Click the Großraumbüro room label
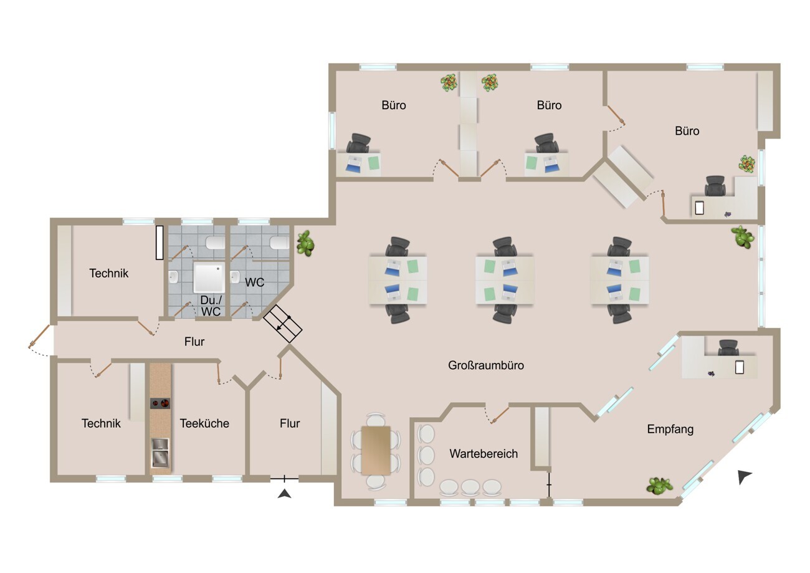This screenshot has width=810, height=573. click(485, 365)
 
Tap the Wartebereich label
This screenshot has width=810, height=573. click(484, 454)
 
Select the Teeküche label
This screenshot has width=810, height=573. click(204, 423)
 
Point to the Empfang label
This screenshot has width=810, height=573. click(670, 430)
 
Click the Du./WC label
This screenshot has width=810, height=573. click(211, 306)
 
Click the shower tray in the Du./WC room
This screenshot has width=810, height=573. click(209, 278)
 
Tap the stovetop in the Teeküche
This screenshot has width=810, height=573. click(160, 403)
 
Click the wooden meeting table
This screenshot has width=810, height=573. click(376, 450)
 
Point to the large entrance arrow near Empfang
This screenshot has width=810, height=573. click(744, 477)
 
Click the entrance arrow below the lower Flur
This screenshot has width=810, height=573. click(284, 494)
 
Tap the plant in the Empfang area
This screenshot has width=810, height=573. click(660, 486)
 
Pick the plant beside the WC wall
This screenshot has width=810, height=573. click(305, 243)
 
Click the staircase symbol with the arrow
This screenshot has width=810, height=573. click(282, 324)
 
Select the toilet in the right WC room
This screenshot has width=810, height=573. click(279, 243)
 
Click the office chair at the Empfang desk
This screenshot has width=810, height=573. click(728, 348)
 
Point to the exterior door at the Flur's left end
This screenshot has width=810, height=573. click(39, 337)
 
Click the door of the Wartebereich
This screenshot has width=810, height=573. click(500, 415)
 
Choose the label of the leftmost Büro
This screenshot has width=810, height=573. click(394, 105)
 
